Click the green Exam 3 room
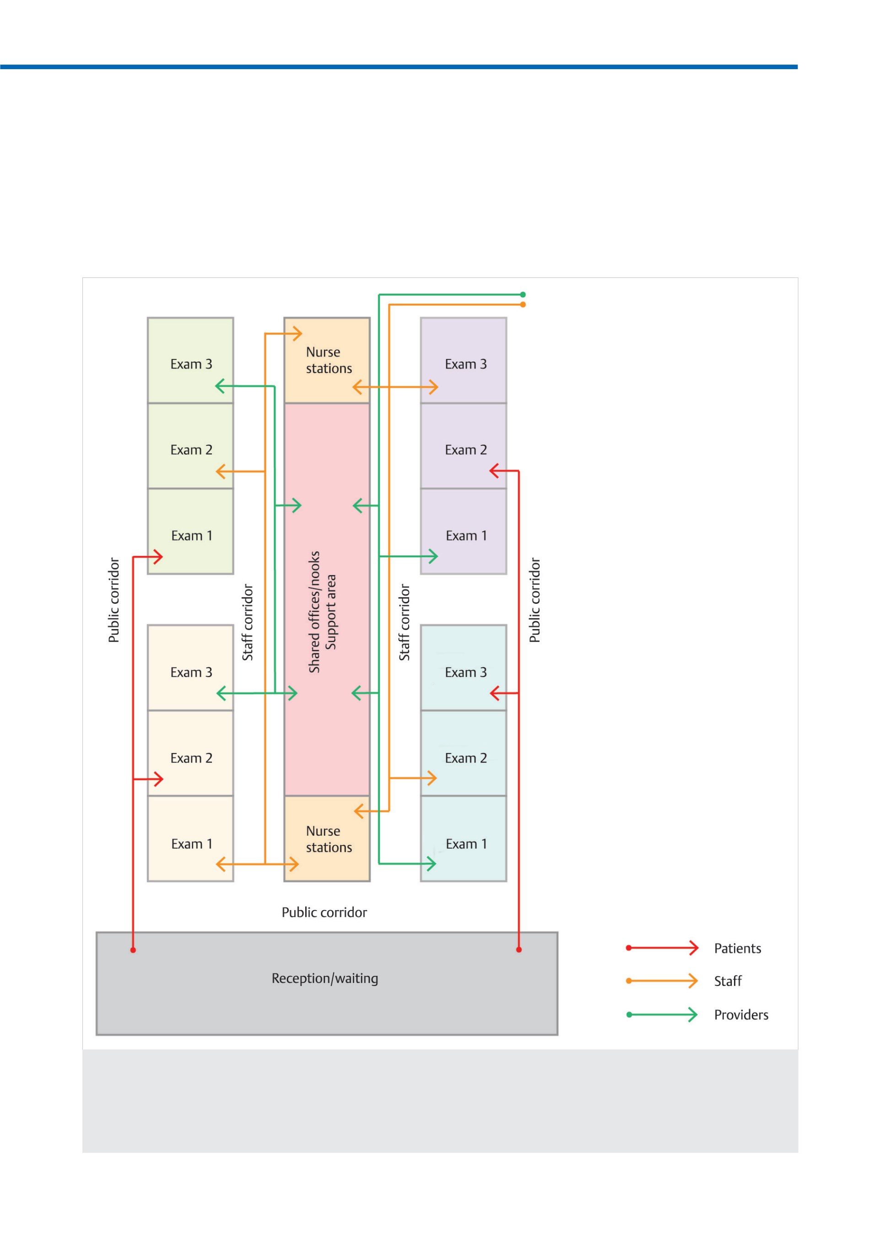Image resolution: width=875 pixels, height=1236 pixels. pyautogui.click(x=190, y=360)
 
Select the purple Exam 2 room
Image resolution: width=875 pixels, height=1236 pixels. pyautogui.click(x=464, y=445)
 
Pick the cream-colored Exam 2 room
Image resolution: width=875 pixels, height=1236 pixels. pyautogui.click(x=190, y=753)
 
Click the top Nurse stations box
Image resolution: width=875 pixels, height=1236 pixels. pyautogui.click(x=327, y=360)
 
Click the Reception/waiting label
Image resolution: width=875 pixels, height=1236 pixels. pyautogui.click(x=325, y=978)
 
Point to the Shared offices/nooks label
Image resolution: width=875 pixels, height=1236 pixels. pyautogui.click(x=314, y=612)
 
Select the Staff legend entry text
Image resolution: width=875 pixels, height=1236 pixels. pyautogui.click(x=728, y=981)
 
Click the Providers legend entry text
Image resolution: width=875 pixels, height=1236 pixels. pyautogui.click(x=741, y=1015)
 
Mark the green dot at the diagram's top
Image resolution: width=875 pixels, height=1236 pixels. pyautogui.click(x=523, y=295)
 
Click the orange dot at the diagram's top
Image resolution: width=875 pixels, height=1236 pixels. pyautogui.click(x=523, y=304)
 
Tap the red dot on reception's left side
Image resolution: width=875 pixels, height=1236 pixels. pyautogui.click(x=133, y=950)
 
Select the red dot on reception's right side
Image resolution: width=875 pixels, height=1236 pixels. pyautogui.click(x=519, y=949)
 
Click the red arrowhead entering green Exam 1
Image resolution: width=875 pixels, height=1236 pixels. pyautogui.click(x=158, y=557)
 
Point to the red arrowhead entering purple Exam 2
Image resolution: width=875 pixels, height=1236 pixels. pyautogui.click(x=494, y=471)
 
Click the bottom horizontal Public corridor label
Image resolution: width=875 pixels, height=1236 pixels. pyautogui.click(x=324, y=912)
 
